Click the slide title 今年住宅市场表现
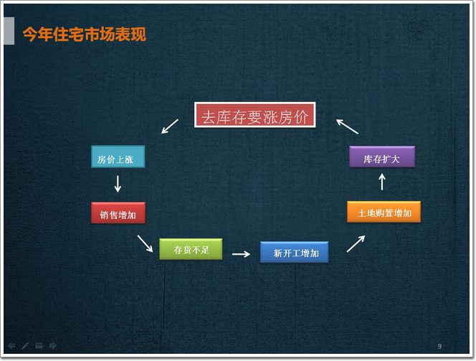point(85,34)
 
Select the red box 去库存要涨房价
point(254,115)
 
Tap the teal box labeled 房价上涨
point(118,156)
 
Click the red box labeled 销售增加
point(118,212)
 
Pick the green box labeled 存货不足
point(191,249)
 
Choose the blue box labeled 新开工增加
point(294,252)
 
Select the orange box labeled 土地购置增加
point(384,212)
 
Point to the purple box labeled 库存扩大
point(382,156)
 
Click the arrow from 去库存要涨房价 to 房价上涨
point(170,126)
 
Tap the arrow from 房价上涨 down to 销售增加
point(118,184)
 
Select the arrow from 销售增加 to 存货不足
point(145,243)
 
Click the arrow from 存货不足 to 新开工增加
point(241,254)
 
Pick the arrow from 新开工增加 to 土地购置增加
point(356,244)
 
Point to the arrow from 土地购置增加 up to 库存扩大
point(382,182)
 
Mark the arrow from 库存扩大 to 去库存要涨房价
point(347,126)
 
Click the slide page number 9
point(439,346)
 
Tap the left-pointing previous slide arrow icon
point(11,345)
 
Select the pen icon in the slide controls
point(25,345)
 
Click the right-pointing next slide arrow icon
point(53,345)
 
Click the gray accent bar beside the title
point(9,31)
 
